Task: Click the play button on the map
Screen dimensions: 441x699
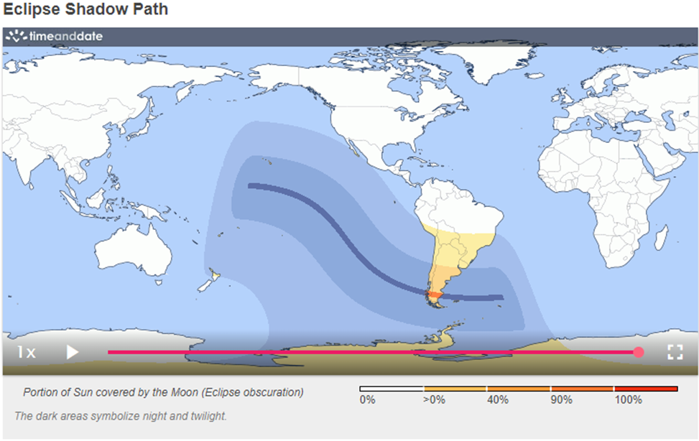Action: point(72,352)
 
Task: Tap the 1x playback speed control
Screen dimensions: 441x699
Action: point(27,352)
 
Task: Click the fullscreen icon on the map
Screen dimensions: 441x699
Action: point(674,352)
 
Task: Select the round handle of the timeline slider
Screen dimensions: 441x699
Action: point(639,352)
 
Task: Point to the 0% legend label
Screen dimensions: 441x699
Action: point(367,400)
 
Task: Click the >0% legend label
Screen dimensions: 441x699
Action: point(432,400)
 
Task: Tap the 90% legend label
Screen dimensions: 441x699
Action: point(562,400)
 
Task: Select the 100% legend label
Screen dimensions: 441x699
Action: point(628,400)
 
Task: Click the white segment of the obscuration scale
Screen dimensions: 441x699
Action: point(391,389)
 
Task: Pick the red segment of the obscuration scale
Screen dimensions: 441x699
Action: point(646,389)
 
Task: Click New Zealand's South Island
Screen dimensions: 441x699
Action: point(205,284)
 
